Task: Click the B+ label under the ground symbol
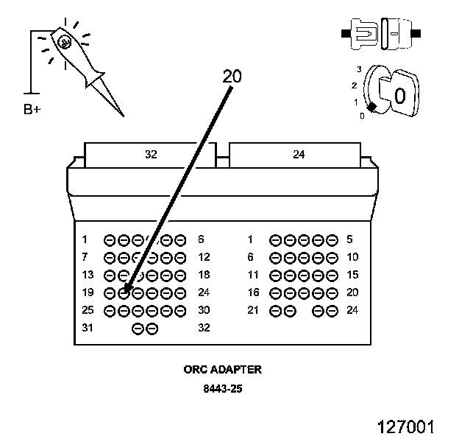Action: (32, 109)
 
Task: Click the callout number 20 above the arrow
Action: (232, 76)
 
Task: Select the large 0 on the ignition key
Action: (400, 95)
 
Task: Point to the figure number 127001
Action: (406, 427)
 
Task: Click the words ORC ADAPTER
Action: (222, 369)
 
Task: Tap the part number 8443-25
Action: (223, 389)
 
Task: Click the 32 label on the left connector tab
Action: (151, 154)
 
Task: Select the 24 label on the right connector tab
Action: (299, 154)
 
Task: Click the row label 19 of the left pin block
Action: (88, 292)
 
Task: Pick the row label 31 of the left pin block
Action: (88, 327)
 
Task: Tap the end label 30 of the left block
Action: (204, 310)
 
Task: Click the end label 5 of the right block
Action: (349, 239)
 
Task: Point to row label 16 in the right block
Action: (253, 292)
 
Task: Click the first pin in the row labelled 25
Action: (110, 311)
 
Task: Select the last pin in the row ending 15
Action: (332, 276)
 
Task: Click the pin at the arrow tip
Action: (124, 293)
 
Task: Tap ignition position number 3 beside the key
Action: (359, 69)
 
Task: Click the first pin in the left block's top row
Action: (110, 240)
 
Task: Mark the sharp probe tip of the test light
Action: (124, 116)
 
